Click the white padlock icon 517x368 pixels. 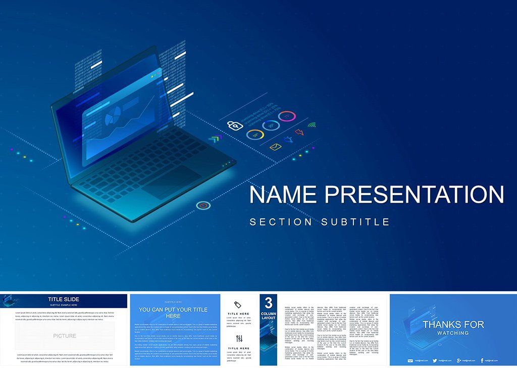pyautogui.click(x=233, y=126)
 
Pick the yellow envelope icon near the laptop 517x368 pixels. pyautogui.click(x=275, y=147)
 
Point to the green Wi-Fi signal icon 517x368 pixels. pyautogui.click(x=312, y=124)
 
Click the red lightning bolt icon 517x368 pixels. pyautogui.click(x=299, y=132)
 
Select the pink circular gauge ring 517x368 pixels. pyautogui.click(x=287, y=117)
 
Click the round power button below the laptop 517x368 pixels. pyautogui.click(x=203, y=205)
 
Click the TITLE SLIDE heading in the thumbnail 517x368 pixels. pyautogui.click(x=64, y=299)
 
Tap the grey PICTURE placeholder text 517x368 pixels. pyautogui.click(x=65, y=336)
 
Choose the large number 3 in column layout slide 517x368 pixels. pyautogui.click(x=269, y=303)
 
